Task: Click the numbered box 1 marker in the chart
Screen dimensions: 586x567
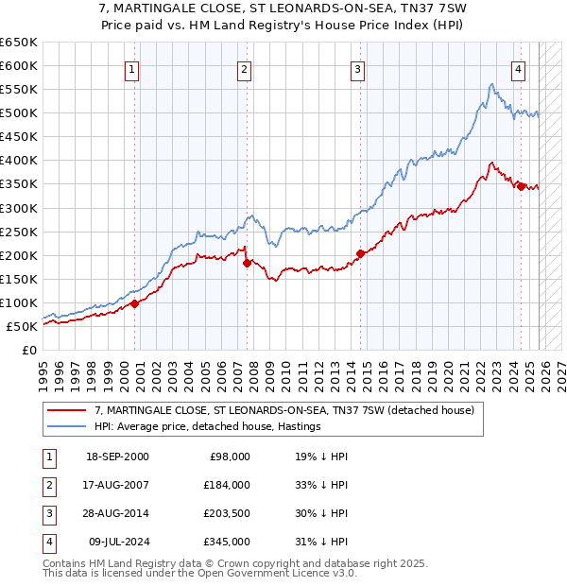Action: click(132, 68)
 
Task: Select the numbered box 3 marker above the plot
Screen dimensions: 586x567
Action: click(358, 68)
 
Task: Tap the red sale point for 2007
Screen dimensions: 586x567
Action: click(247, 264)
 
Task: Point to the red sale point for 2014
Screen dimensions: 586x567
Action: click(360, 253)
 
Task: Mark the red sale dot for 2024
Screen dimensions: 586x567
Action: click(520, 186)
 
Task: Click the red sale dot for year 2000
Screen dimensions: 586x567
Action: click(134, 303)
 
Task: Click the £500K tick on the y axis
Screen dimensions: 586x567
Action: click(20, 112)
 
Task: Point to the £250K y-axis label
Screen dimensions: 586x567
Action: click(20, 232)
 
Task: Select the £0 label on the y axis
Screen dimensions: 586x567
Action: click(27, 350)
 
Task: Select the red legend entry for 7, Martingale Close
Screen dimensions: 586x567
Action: click(289, 409)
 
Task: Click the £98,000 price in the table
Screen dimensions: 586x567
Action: click(230, 456)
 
